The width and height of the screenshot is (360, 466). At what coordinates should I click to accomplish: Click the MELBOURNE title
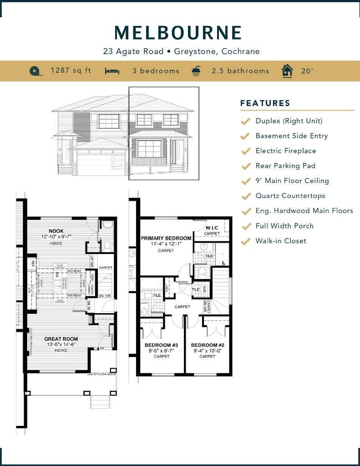pos(178,33)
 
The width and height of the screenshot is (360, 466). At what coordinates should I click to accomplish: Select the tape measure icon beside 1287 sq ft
pos(35,71)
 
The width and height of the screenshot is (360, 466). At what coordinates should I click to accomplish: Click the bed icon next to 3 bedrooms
pos(112,71)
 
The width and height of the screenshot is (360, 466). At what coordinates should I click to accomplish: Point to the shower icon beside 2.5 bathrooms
pos(196,71)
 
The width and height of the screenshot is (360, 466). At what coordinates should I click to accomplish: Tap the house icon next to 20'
pos(287,71)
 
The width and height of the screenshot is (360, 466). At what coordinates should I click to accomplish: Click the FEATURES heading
pos(265,103)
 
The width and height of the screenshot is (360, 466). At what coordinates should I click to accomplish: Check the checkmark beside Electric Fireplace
pos(245,151)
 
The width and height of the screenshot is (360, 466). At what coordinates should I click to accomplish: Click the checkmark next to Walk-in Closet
pos(245,241)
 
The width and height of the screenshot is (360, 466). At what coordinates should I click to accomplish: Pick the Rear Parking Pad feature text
pos(285,166)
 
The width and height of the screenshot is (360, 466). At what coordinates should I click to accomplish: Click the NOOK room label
pos(56,231)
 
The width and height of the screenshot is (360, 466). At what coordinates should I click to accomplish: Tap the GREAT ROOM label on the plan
pos(61,339)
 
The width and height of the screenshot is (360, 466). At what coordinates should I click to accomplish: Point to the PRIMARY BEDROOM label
pos(166,238)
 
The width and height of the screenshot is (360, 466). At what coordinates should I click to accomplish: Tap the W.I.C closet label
pos(212,228)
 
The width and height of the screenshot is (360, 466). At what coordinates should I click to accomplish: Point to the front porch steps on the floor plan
pos(100,401)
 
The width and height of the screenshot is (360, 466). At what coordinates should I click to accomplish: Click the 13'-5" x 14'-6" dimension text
pos(61,345)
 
